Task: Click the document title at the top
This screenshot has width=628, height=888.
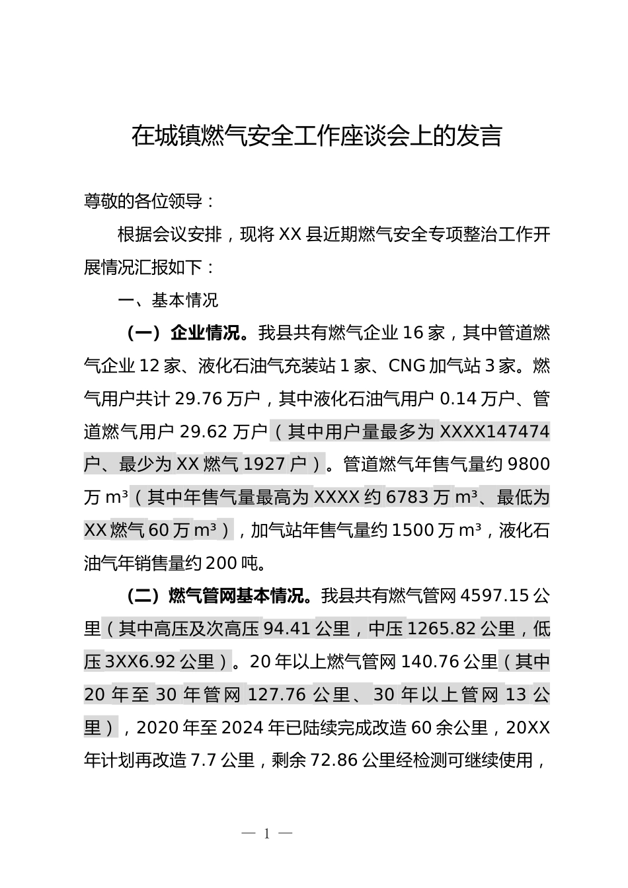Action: [317, 136]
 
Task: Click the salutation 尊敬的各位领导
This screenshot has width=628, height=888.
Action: [149, 202]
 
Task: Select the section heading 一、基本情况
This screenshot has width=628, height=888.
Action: [168, 301]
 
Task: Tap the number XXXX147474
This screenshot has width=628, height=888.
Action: [494, 432]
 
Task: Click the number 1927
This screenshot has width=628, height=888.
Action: [264, 464]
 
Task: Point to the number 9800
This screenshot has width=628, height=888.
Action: [527, 464]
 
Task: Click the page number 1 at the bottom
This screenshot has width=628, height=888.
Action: [267, 834]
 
